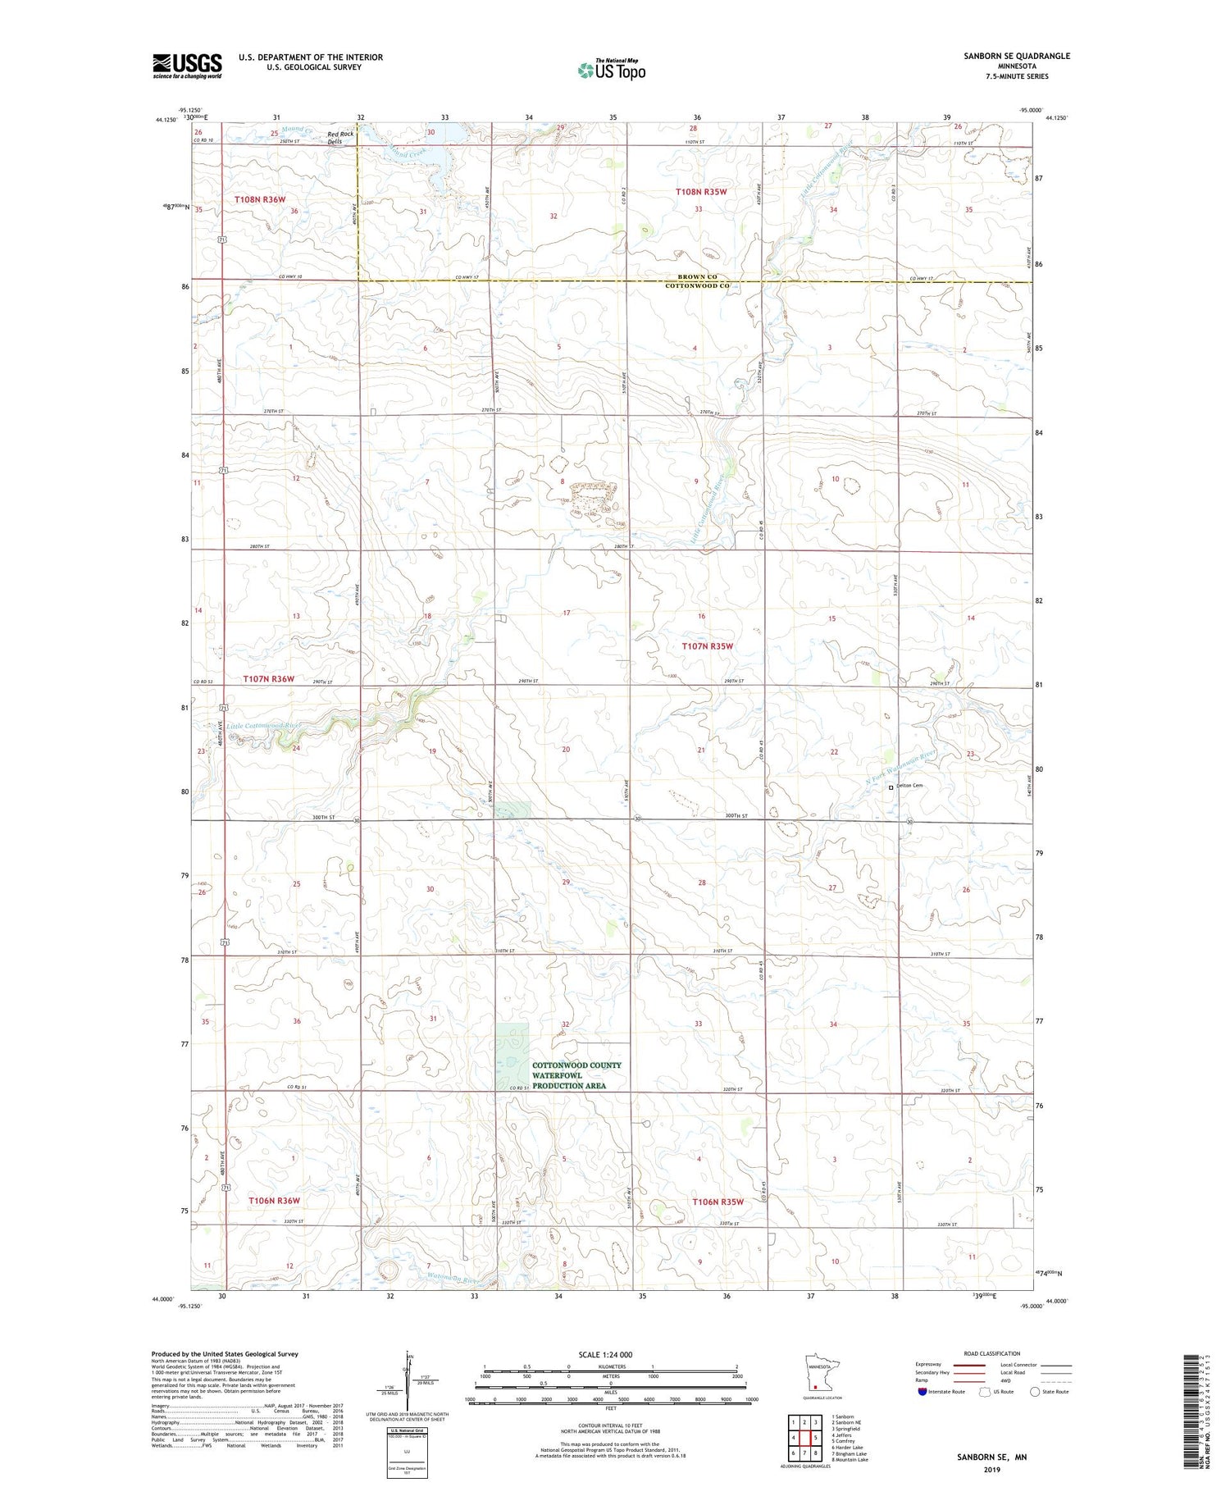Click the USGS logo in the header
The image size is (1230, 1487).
click(187, 66)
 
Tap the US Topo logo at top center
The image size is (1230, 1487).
click(611, 71)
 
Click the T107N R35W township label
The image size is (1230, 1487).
click(707, 646)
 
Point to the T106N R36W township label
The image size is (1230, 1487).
click(274, 1200)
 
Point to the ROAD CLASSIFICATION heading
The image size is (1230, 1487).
click(992, 1353)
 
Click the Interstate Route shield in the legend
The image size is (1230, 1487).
click(922, 1392)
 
